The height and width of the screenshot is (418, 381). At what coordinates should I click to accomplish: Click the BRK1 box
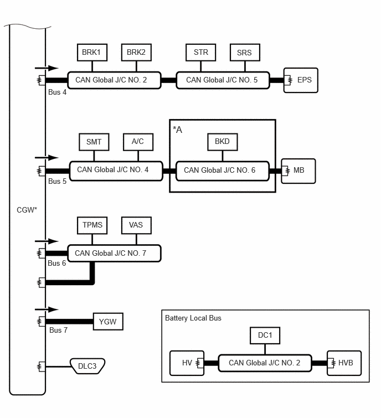click(x=92, y=53)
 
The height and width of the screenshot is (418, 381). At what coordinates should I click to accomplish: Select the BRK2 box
click(x=137, y=53)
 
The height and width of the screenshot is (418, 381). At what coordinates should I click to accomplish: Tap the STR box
click(x=201, y=53)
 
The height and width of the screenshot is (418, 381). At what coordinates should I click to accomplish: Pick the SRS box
click(x=245, y=53)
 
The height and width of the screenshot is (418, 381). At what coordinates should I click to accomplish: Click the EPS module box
click(x=301, y=80)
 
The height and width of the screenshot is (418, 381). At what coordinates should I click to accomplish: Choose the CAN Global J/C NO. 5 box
click(x=223, y=80)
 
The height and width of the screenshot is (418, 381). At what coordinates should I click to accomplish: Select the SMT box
click(x=94, y=142)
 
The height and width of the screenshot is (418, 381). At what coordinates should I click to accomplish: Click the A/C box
click(x=138, y=142)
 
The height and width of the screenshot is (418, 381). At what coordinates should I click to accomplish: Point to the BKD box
click(x=223, y=142)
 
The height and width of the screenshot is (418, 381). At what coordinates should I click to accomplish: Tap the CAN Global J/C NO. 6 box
click(x=223, y=171)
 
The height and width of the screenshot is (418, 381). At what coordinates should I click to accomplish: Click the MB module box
click(x=298, y=171)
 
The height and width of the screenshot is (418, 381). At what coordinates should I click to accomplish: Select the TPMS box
click(x=92, y=225)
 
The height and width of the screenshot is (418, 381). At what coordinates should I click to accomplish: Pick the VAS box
click(x=137, y=225)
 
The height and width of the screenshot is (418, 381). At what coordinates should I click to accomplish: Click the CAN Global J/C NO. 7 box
click(x=115, y=253)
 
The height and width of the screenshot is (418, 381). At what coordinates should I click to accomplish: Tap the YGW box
click(x=108, y=322)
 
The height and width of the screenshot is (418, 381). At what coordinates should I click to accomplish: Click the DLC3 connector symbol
click(x=87, y=367)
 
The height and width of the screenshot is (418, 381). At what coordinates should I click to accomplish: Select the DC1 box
click(x=265, y=336)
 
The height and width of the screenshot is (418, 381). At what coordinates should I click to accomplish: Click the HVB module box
click(x=344, y=363)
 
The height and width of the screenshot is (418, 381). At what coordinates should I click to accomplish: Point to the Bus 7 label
click(x=58, y=331)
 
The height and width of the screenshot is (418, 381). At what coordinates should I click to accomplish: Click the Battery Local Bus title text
click(x=193, y=318)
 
